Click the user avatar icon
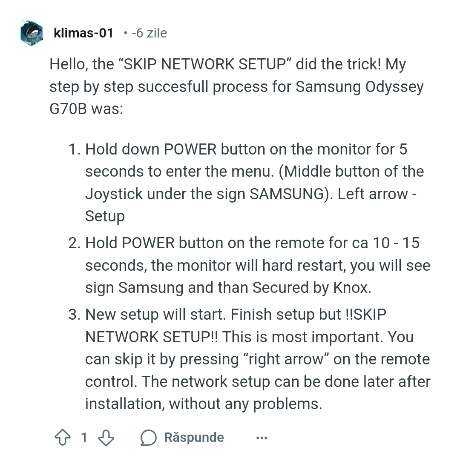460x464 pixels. [x=32, y=33]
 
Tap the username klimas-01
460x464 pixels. [x=83, y=33]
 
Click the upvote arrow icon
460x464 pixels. [x=63, y=438]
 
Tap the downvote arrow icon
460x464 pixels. [x=106, y=438]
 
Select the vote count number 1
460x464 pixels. [x=84, y=438]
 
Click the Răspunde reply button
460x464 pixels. [x=182, y=438]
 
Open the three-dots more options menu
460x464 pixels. [x=262, y=438]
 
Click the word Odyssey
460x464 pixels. [x=394, y=87]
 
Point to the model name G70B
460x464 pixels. [x=68, y=109]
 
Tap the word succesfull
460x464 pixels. [x=173, y=87]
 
